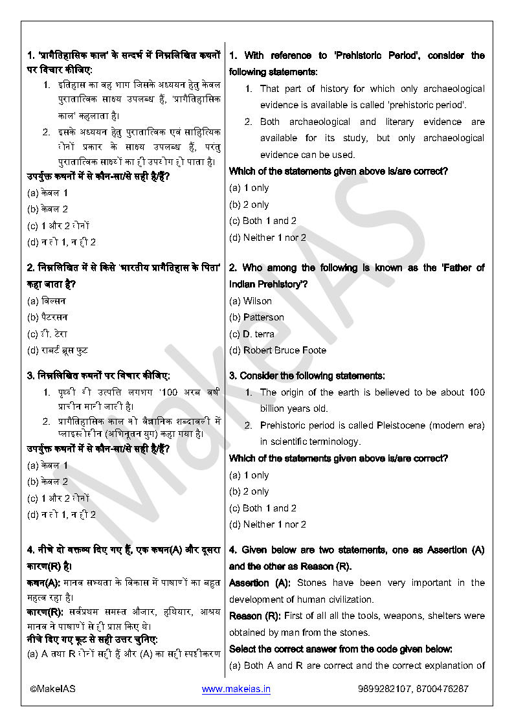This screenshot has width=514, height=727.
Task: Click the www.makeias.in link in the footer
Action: tap(236, 689)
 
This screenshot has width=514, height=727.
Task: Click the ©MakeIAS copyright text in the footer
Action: tap(52, 689)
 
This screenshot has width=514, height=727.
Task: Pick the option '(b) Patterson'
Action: tap(256, 317)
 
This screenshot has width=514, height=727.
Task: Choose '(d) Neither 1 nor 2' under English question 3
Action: tap(268, 524)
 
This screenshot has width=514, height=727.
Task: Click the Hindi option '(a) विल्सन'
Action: tap(47, 301)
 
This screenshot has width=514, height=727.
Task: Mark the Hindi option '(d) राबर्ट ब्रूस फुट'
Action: tap(58, 350)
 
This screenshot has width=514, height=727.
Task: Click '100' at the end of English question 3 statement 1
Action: tap(476, 392)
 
